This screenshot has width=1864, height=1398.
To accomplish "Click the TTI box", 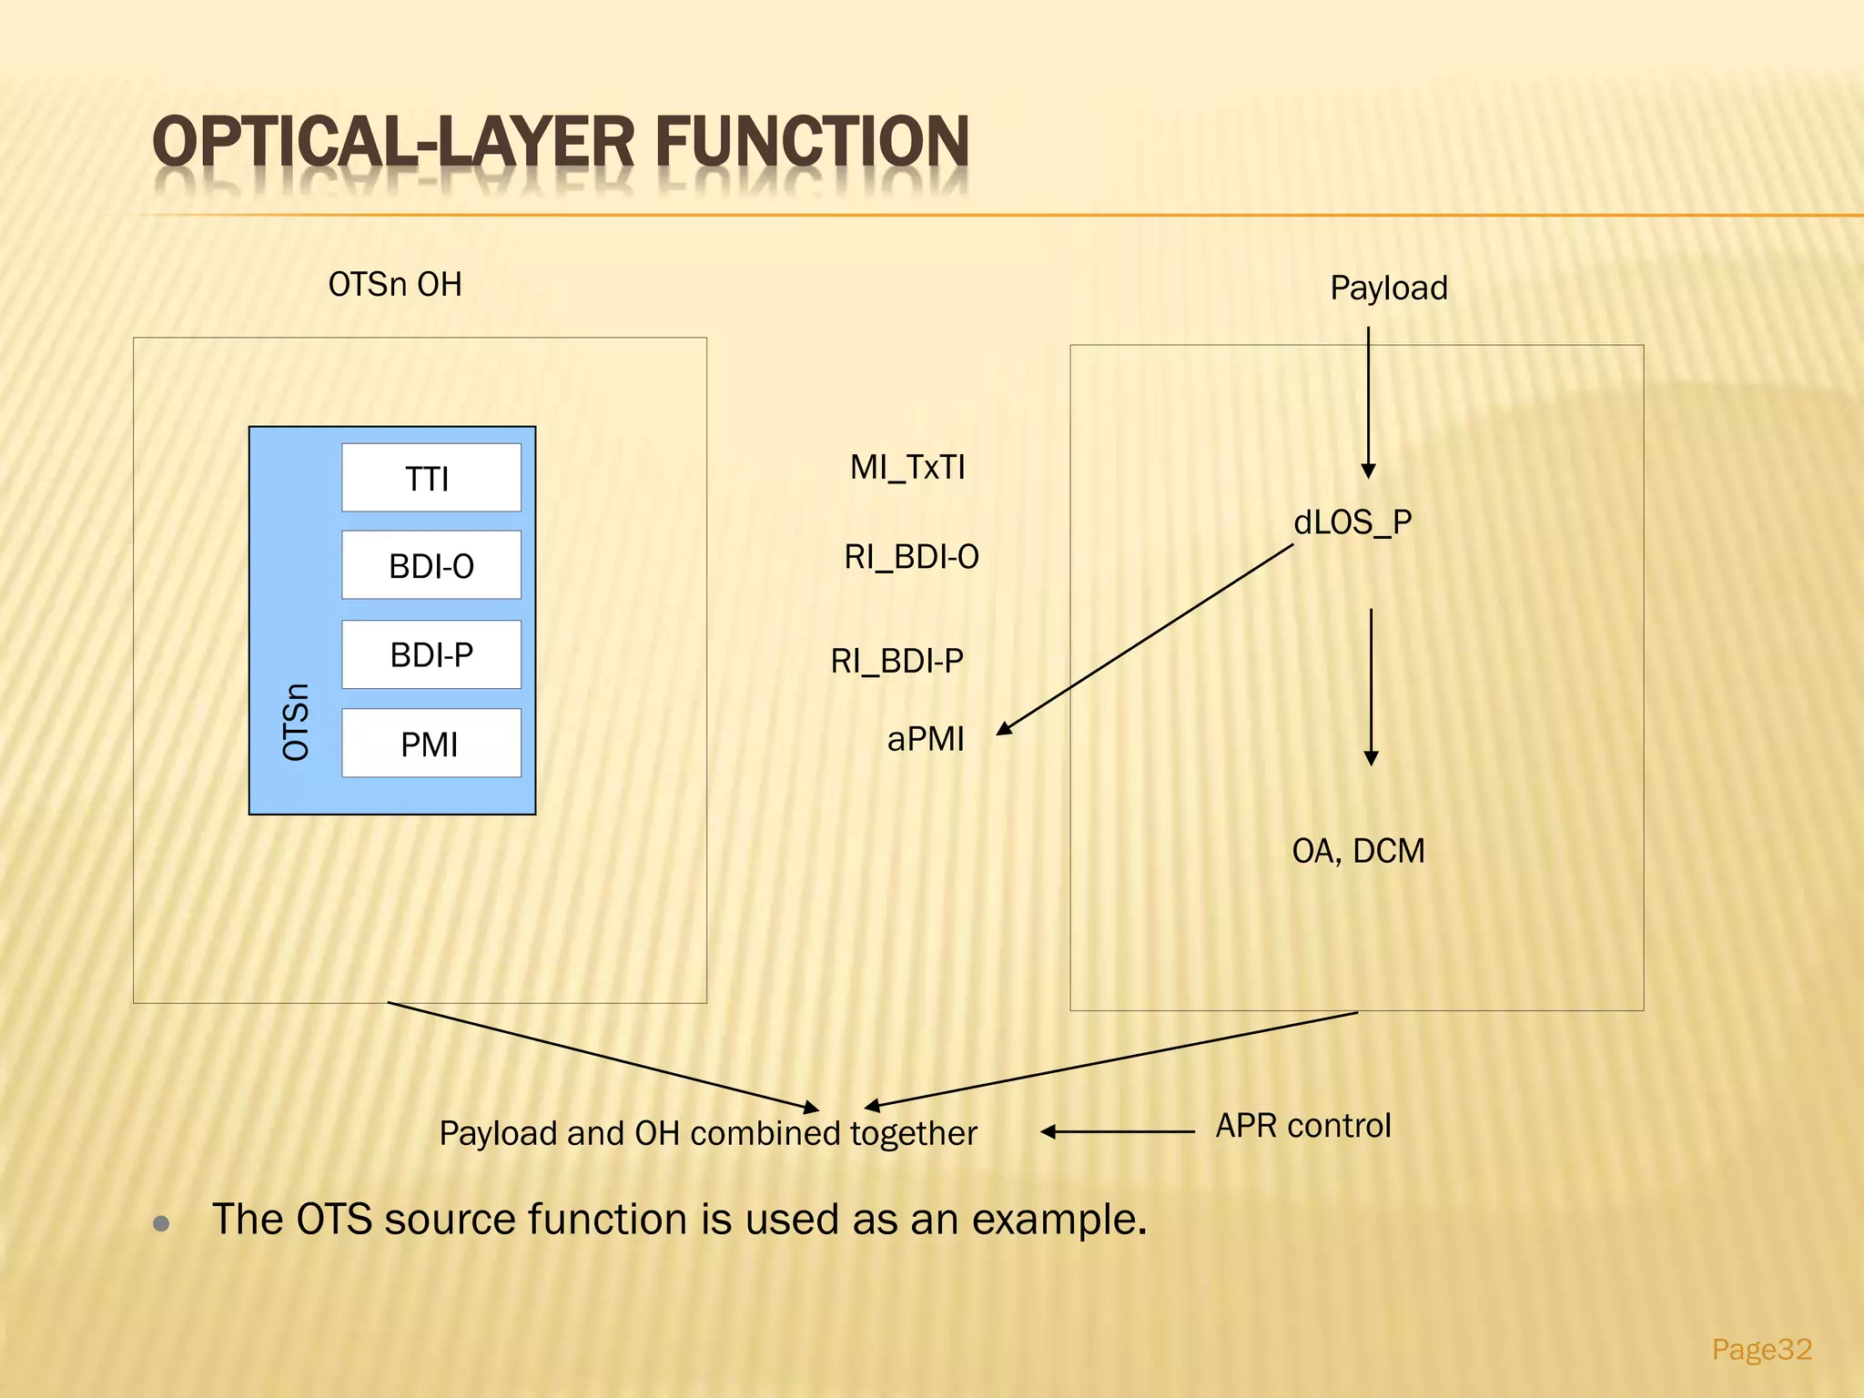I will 431,478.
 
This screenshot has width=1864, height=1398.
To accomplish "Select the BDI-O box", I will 431,565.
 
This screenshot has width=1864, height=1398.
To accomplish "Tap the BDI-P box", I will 431,654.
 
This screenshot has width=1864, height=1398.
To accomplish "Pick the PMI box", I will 431,744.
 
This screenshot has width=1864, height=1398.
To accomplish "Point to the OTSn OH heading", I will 395,285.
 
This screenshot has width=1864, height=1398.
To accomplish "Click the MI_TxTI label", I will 907,468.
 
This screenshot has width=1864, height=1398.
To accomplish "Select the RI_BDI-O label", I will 911,557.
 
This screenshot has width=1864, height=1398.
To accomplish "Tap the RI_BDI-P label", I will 897,661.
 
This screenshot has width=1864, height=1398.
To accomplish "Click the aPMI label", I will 926,739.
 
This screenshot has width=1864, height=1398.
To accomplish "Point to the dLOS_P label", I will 1352,522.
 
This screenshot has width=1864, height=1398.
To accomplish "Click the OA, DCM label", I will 1358,851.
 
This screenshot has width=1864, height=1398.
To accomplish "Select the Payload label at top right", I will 1389,289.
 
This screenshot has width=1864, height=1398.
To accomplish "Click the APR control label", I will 1303,1126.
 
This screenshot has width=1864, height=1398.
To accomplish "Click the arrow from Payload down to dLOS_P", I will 1368,400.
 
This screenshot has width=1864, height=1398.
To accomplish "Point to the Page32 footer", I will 1761,1348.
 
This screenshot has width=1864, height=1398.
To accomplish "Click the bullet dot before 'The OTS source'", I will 162,1223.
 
